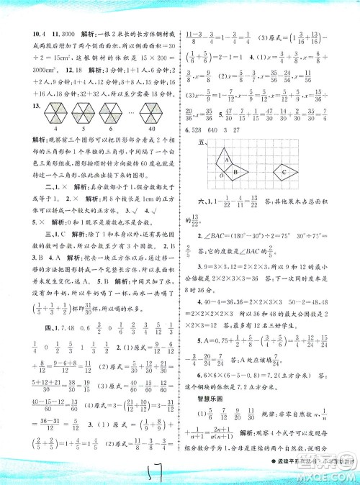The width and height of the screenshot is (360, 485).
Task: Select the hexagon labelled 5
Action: (x=81, y=115)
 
